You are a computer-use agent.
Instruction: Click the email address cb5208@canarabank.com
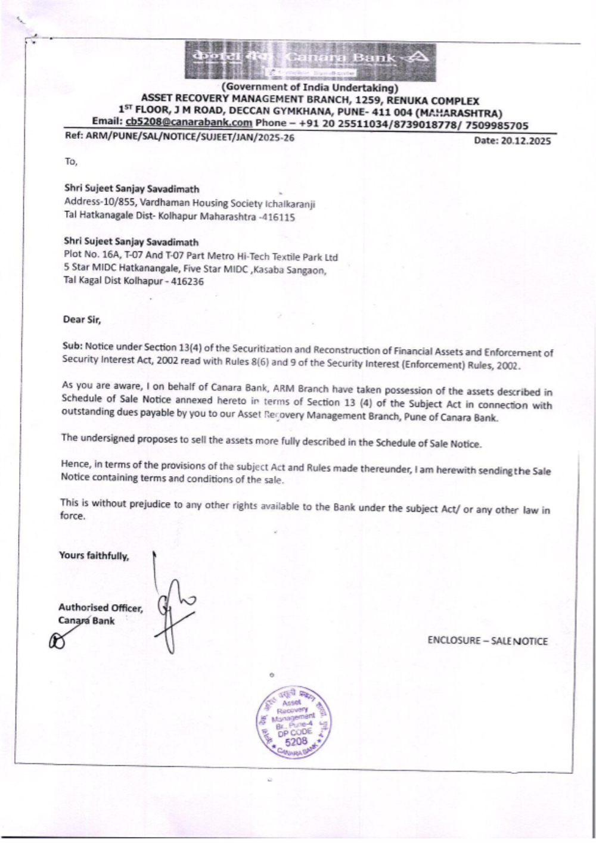(189, 123)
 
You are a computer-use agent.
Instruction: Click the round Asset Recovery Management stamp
(294, 721)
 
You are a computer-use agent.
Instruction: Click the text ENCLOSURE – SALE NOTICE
(487, 641)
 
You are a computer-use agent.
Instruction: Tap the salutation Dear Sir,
(82, 319)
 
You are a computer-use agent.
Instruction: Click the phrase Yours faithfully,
(94, 556)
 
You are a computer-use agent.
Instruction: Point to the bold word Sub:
(72, 346)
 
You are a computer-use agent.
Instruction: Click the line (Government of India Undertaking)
(310, 88)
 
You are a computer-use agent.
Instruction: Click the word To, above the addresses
(71, 161)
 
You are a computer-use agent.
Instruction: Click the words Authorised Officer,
(100, 608)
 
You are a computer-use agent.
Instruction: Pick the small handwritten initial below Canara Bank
(58, 640)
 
